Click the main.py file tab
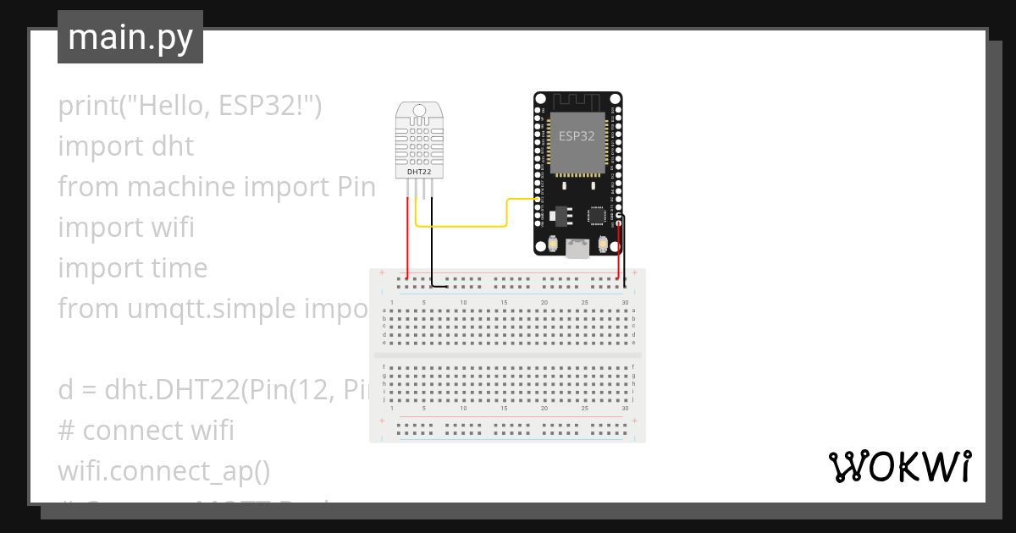[x=130, y=37]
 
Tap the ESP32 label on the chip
[x=577, y=135]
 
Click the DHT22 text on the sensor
[x=418, y=172]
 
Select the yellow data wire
[x=461, y=226]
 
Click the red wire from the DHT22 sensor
[x=407, y=237]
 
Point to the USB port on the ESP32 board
[x=577, y=249]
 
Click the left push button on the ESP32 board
[x=552, y=245]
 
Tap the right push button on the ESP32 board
[x=603, y=245]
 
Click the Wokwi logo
[x=899, y=466]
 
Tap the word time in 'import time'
[x=176, y=268]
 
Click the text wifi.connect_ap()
[x=163, y=471]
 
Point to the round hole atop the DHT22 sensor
[x=418, y=110]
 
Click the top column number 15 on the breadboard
[x=504, y=302]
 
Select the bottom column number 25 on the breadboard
[x=584, y=408]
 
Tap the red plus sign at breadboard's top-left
[x=382, y=273]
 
